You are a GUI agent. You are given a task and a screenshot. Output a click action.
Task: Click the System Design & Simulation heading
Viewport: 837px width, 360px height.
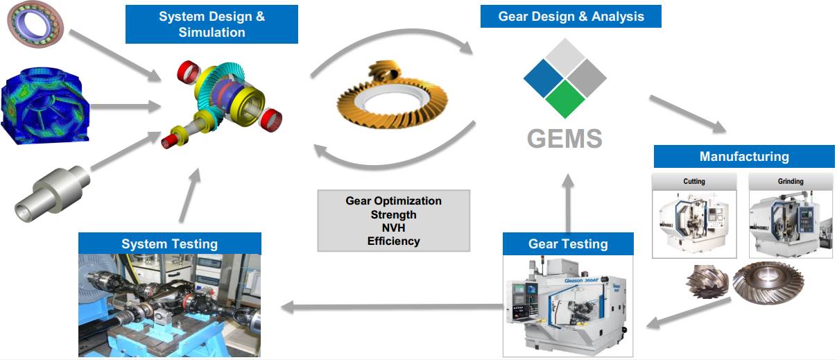pos(212,24)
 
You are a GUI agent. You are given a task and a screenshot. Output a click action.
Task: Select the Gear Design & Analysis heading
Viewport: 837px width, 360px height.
pos(570,17)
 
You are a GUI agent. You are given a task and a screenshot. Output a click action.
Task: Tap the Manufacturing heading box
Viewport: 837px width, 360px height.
pos(743,156)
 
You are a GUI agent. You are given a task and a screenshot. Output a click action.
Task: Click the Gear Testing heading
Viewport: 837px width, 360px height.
pos(567,243)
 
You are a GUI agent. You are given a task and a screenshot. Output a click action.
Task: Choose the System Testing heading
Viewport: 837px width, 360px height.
pos(169,243)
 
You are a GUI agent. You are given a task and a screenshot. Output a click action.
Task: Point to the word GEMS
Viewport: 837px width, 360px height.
pos(564,138)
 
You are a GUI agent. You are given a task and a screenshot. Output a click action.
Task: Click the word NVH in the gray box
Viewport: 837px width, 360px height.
pos(393,228)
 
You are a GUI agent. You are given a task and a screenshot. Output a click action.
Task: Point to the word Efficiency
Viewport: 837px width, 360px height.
pos(393,241)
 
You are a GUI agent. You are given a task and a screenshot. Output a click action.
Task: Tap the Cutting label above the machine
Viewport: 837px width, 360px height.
pos(693,182)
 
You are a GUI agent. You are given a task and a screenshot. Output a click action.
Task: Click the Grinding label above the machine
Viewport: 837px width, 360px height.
pos(790,182)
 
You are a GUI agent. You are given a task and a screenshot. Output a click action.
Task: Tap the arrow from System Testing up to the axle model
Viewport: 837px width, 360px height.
pos(191,198)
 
